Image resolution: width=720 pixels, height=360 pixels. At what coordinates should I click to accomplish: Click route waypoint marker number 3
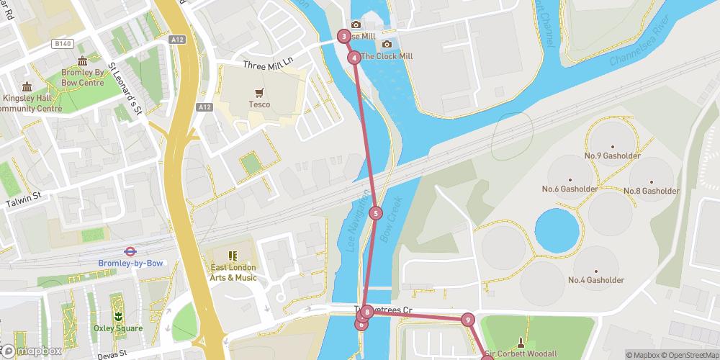344,36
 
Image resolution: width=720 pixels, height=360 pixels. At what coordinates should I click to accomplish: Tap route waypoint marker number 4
354,58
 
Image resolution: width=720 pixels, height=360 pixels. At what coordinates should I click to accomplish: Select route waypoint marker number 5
375,213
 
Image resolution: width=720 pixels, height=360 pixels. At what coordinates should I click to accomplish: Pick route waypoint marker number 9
468,320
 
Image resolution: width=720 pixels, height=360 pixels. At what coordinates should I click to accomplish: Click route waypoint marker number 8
367,312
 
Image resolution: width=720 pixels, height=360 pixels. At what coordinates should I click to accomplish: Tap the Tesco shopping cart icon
260,92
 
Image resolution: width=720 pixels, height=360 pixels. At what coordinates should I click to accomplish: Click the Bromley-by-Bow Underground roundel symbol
130,251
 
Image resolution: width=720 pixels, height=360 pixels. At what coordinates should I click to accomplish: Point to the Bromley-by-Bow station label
130,264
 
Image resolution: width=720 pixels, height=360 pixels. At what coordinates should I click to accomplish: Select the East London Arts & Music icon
233,256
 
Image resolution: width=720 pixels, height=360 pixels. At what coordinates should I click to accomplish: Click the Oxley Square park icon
117,316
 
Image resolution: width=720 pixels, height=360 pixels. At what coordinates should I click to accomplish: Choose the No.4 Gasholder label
595,280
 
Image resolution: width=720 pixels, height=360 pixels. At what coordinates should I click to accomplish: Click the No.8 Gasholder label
651,191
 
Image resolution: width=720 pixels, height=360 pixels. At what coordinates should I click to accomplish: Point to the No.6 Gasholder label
570,189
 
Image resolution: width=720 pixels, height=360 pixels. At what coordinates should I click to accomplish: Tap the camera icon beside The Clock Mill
387,45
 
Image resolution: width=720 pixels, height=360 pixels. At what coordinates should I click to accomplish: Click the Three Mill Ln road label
269,64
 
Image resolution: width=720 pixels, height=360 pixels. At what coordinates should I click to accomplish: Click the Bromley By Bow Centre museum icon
82,60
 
